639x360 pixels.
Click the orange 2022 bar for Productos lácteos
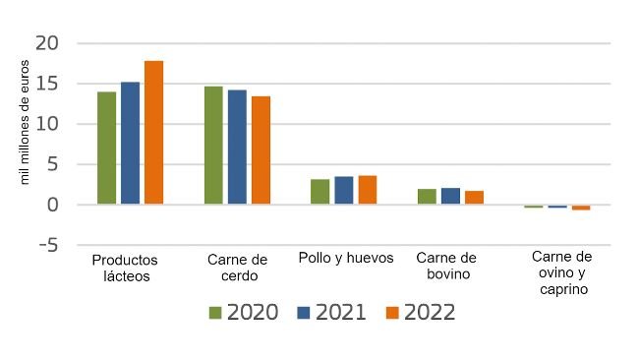153,133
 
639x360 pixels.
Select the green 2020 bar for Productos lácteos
106,149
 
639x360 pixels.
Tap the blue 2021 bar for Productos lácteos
130,144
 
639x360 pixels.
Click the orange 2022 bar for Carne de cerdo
261,150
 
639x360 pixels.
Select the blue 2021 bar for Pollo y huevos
344,191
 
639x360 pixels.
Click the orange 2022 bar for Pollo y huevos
368,190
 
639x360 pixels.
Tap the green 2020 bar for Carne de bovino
427,197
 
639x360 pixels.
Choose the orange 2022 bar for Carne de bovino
474,198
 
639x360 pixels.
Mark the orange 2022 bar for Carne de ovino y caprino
581,208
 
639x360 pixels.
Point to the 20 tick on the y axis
48,44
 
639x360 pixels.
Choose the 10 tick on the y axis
48,125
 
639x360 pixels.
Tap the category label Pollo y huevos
345,259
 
